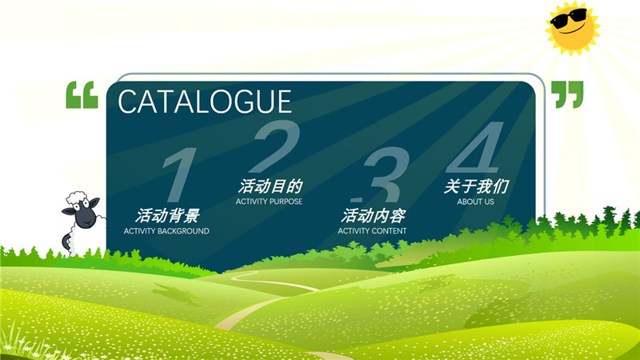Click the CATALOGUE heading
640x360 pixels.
(205, 102)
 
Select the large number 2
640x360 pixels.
(275, 146)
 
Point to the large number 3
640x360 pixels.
(383, 174)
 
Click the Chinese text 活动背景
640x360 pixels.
(167, 215)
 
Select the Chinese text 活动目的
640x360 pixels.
(270, 186)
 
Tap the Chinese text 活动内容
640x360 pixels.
(373, 215)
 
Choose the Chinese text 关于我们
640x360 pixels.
(476, 186)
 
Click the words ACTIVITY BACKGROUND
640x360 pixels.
(166, 231)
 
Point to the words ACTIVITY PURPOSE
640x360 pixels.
(269, 202)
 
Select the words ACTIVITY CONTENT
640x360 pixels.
(372, 231)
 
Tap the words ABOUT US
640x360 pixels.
(475, 202)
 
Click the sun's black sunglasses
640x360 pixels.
(569, 18)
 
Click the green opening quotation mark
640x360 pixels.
(82, 94)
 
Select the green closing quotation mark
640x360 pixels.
(567, 94)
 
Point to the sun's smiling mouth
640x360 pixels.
(571, 30)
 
